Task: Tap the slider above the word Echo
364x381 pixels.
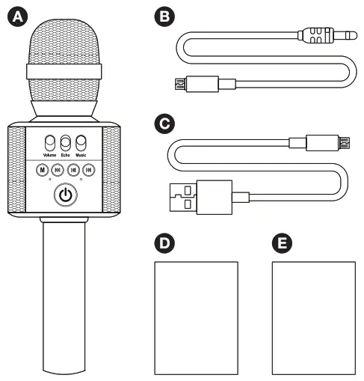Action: click(x=66, y=143)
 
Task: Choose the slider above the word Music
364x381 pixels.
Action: click(x=81, y=143)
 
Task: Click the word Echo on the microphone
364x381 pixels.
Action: click(x=66, y=155)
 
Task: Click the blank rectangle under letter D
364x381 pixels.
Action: click(x=195, y=317)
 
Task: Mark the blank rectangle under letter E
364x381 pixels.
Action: click(x=313, y=317)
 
